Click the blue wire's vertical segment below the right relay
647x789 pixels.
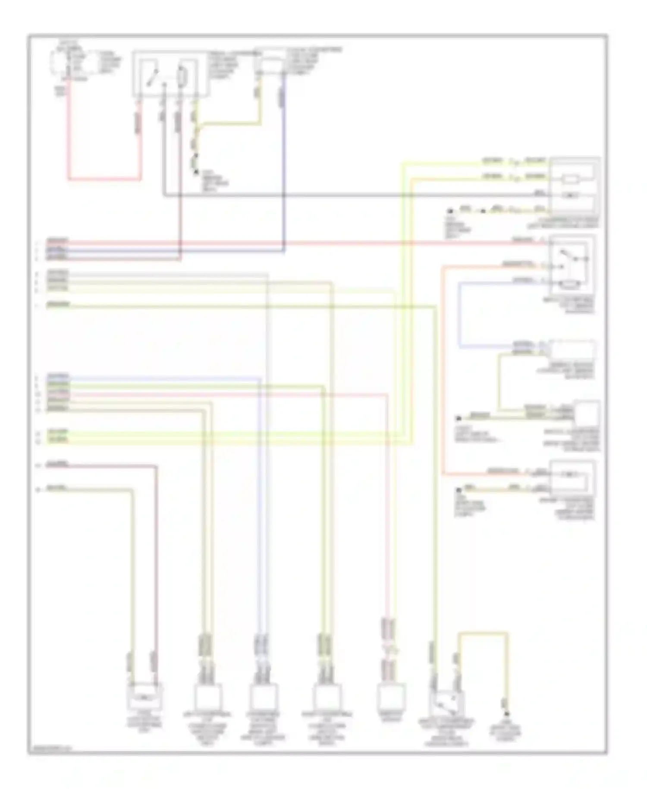459,315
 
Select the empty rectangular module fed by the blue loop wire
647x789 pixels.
572,350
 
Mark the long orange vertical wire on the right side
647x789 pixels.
443,371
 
